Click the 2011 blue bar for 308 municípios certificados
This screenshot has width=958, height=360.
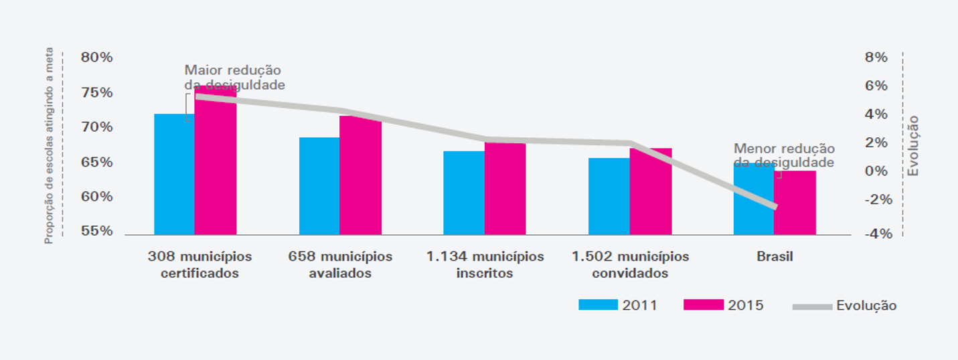[x=174, y=174]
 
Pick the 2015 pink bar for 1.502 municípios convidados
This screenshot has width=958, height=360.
[x=651, y=191]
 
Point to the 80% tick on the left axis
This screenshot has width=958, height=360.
[x=97, y=58]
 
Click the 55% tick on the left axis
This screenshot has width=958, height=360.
[x=97, y=232]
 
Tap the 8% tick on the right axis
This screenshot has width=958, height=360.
[x=876, y=58]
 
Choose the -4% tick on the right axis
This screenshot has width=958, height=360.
[x=875, y=234]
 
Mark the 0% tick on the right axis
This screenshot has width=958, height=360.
[x=876, y=171]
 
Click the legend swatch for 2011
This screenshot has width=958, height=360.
[x=598, y=305]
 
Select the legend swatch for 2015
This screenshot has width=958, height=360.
[x=703, y=305]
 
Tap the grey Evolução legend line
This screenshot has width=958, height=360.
[x=812, y=306]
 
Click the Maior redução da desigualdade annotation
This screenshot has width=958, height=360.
[x=234, y=78]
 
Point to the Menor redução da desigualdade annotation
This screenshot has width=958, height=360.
[x=783, y=155]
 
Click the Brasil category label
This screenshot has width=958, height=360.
[x=775, y=257]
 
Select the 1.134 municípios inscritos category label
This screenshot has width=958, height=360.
[x=485, y=265]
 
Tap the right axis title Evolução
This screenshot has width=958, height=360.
[x=913, y=146]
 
